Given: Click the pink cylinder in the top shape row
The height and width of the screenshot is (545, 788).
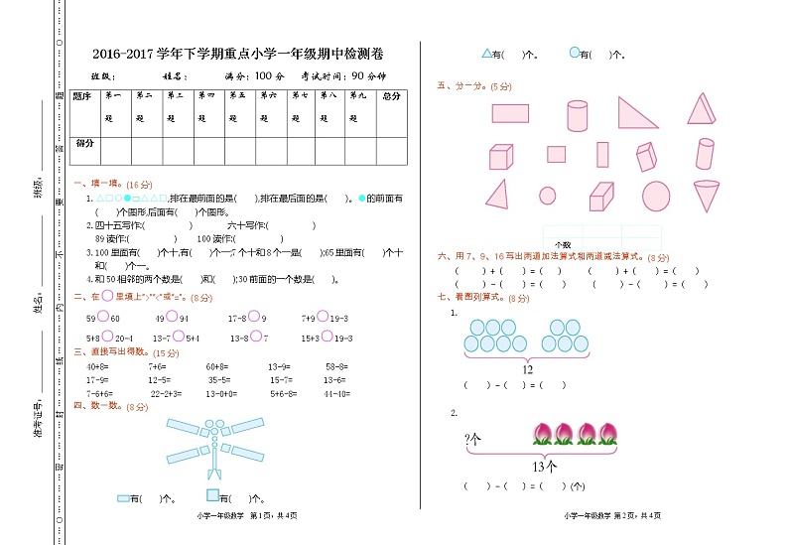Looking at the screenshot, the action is [x=578, y=115].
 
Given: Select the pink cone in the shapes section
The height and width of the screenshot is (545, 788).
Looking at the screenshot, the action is [x=707, y=195].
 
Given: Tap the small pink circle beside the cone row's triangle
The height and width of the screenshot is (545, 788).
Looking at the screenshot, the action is [x=548, y=196].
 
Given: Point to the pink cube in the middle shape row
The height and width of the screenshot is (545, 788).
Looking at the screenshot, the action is [x=501, y=157].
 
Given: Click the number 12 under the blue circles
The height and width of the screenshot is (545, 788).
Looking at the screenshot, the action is [x=527, y=369].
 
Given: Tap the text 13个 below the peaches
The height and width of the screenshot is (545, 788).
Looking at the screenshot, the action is [x=545, y=466].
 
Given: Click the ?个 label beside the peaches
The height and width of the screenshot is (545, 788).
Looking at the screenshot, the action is [x=472, y=437].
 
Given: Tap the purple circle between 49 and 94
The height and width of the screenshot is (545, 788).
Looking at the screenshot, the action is [x=172, y=317].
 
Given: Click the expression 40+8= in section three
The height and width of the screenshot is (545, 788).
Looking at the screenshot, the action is [x=97, y=366].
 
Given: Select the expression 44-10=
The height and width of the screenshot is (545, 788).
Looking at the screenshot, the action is [x=336, y=394].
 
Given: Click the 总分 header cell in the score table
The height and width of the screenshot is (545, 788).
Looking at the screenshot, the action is [x=391, y=96].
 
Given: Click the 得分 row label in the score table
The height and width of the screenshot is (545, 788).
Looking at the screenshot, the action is [x=85, y=143].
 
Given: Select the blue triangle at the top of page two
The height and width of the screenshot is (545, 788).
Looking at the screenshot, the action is [x=486, y=54].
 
